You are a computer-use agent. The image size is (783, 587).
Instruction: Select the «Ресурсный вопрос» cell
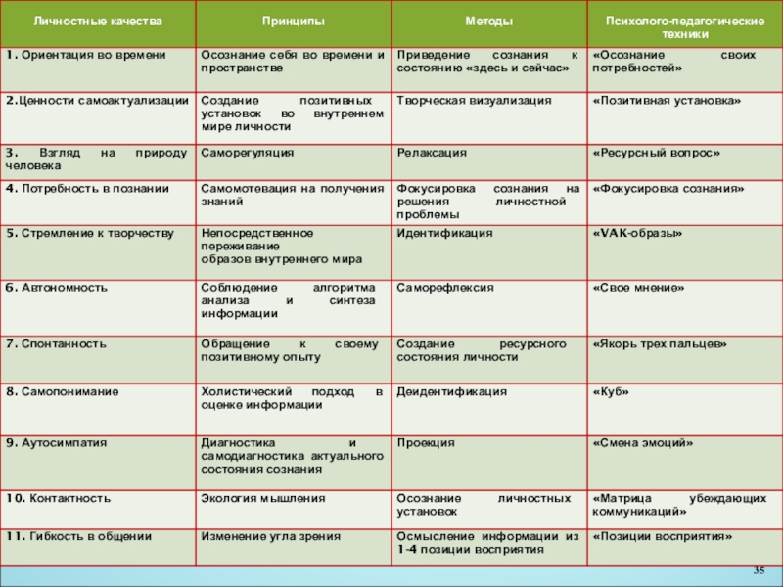657,153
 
